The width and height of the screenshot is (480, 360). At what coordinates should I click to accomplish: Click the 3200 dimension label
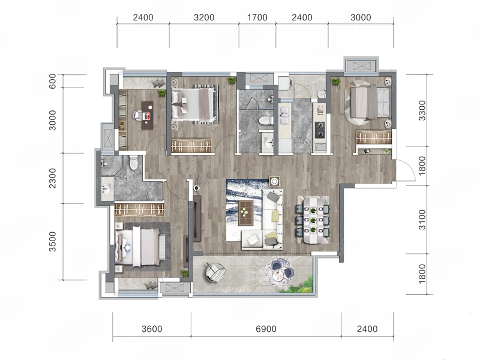coord(204,17)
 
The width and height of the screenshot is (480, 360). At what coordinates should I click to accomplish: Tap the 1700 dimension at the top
coord(257,17)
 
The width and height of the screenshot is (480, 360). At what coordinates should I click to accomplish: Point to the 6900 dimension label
coord(266,329)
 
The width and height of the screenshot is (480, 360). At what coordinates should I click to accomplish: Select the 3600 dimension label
coord(152,329)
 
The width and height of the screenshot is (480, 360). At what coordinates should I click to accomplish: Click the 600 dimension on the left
coord(53,81)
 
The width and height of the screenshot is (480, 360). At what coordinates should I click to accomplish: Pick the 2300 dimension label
coord(53,178)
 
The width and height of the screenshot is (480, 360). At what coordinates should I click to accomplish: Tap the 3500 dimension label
coord(53,242)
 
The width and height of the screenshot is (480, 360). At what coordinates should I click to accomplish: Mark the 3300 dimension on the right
coord(422,110)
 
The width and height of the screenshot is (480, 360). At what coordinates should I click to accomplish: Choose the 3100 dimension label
coord(422,220)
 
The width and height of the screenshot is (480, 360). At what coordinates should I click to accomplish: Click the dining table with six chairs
coord(313,220)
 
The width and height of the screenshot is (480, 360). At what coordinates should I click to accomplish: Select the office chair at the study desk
coord(137,115)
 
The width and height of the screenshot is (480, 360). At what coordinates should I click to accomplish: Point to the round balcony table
coord(279,274)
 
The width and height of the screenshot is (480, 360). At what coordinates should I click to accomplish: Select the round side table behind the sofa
coord(274,182)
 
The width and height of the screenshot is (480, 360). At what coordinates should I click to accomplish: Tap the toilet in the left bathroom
coord(133,163)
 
